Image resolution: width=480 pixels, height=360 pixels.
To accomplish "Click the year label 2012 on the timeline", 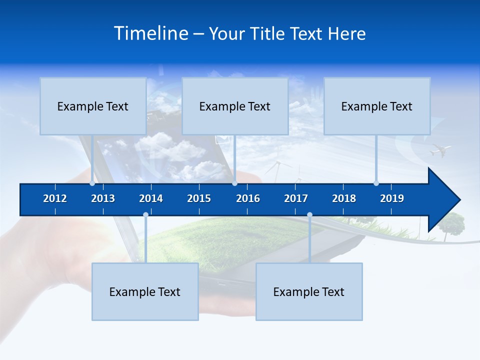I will pos(55,198).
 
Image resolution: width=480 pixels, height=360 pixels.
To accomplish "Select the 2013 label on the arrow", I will pos(103,198).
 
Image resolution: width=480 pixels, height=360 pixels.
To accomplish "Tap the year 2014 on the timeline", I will pos(151,198).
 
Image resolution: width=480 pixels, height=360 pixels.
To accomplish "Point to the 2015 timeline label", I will pos(199,198).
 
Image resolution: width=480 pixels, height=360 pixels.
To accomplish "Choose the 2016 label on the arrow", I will pos(248,198).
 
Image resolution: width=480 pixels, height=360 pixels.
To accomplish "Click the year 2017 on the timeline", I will pos(296,198).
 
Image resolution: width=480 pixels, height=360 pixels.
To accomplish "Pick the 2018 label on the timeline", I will pos(344,198).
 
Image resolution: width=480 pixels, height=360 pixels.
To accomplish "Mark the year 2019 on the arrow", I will pos(392,198).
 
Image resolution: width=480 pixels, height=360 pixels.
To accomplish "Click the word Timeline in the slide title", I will pos(150,33).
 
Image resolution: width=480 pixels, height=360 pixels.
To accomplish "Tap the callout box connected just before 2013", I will pos(93,106).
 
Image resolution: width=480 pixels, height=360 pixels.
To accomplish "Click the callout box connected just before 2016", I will pos(235,106).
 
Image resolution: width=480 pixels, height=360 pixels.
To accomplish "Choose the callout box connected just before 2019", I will pos(377,106).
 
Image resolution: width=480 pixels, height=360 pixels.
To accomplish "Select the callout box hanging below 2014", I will pos(145,291).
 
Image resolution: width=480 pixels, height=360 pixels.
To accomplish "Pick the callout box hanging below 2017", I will pos(309,291).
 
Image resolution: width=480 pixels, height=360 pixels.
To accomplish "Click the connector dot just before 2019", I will pos(376,183).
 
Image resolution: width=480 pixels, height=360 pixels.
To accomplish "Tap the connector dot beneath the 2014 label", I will pos(145,215).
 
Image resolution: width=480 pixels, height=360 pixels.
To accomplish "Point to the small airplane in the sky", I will pos(439,149).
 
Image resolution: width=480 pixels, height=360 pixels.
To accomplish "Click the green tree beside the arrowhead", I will pos(453,222).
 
